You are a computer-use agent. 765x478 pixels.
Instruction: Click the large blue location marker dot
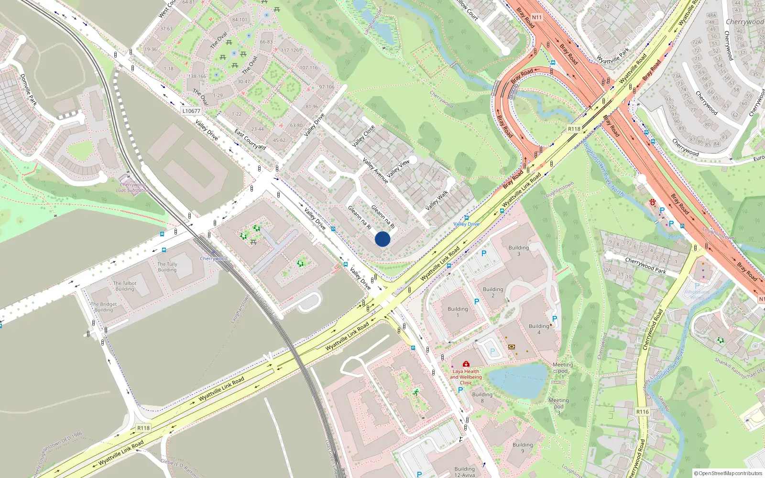tap(382, 239)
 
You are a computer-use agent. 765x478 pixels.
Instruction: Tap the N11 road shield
tap(537, 17)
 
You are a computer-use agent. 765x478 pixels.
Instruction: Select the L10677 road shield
tap(191, 111)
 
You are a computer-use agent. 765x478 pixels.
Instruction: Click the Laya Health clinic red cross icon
tap(466, 364)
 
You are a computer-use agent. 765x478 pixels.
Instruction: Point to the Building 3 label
tap(518, 250)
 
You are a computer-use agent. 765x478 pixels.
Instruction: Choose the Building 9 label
tap(523, 447)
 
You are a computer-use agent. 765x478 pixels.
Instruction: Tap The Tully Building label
tap(167, 267)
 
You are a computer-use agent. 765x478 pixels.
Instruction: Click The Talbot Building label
tap(125, 286)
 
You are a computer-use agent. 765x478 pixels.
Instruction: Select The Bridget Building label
tap(104, 307)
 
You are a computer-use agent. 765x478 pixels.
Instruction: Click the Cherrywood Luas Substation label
tap(133, 187)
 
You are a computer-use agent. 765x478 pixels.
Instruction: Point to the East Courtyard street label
tap(250, 139)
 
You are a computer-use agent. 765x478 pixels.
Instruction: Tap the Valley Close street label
tap(363, 136)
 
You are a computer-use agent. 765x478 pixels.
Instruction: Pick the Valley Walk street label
tap(437, 200)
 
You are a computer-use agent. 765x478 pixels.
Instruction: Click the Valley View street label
tap(398, 169)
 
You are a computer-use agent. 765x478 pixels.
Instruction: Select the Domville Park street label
tap(29, 89)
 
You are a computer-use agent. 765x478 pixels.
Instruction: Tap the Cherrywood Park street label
tap(645, 265)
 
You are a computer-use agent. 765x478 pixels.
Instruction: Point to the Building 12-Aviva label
tap(465, 472)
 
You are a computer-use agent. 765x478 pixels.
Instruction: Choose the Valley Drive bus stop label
tap(466, 224)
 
